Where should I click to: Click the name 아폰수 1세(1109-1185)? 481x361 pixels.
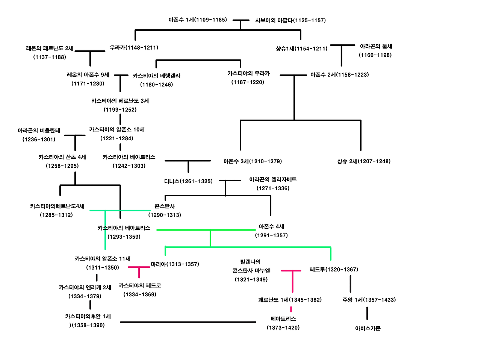click(198, 20)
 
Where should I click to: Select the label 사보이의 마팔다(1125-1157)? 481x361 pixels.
click(290, 20)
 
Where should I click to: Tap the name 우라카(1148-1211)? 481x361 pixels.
click(134, 48)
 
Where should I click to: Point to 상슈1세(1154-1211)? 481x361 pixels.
click(301, 49)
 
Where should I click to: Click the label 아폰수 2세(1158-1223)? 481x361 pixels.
click(339, 75)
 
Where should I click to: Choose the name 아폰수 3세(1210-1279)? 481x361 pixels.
click(253, 161)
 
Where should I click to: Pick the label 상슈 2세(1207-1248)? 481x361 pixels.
click(364, 161)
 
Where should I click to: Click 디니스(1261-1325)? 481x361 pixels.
click(188, 181)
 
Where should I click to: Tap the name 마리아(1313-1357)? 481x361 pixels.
click(175, 264)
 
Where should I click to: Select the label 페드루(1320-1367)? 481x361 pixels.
click(334, 270)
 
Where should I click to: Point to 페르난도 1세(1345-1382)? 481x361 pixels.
click(290, 300)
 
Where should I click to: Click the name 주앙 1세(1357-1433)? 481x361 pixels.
click(369, 300)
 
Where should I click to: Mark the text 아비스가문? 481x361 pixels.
click(368, 328)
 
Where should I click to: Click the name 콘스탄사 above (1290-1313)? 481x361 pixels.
click(165, 206)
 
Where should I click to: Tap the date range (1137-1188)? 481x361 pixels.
click(50, 57)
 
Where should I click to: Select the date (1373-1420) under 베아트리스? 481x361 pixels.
click(283, 328)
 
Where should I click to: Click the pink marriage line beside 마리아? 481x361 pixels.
click(139, 267)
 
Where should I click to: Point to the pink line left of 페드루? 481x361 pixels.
click(291, 271)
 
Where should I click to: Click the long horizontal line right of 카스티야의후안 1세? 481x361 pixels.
click(188, 322)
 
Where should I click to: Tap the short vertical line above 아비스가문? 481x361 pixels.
click(367, 313)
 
